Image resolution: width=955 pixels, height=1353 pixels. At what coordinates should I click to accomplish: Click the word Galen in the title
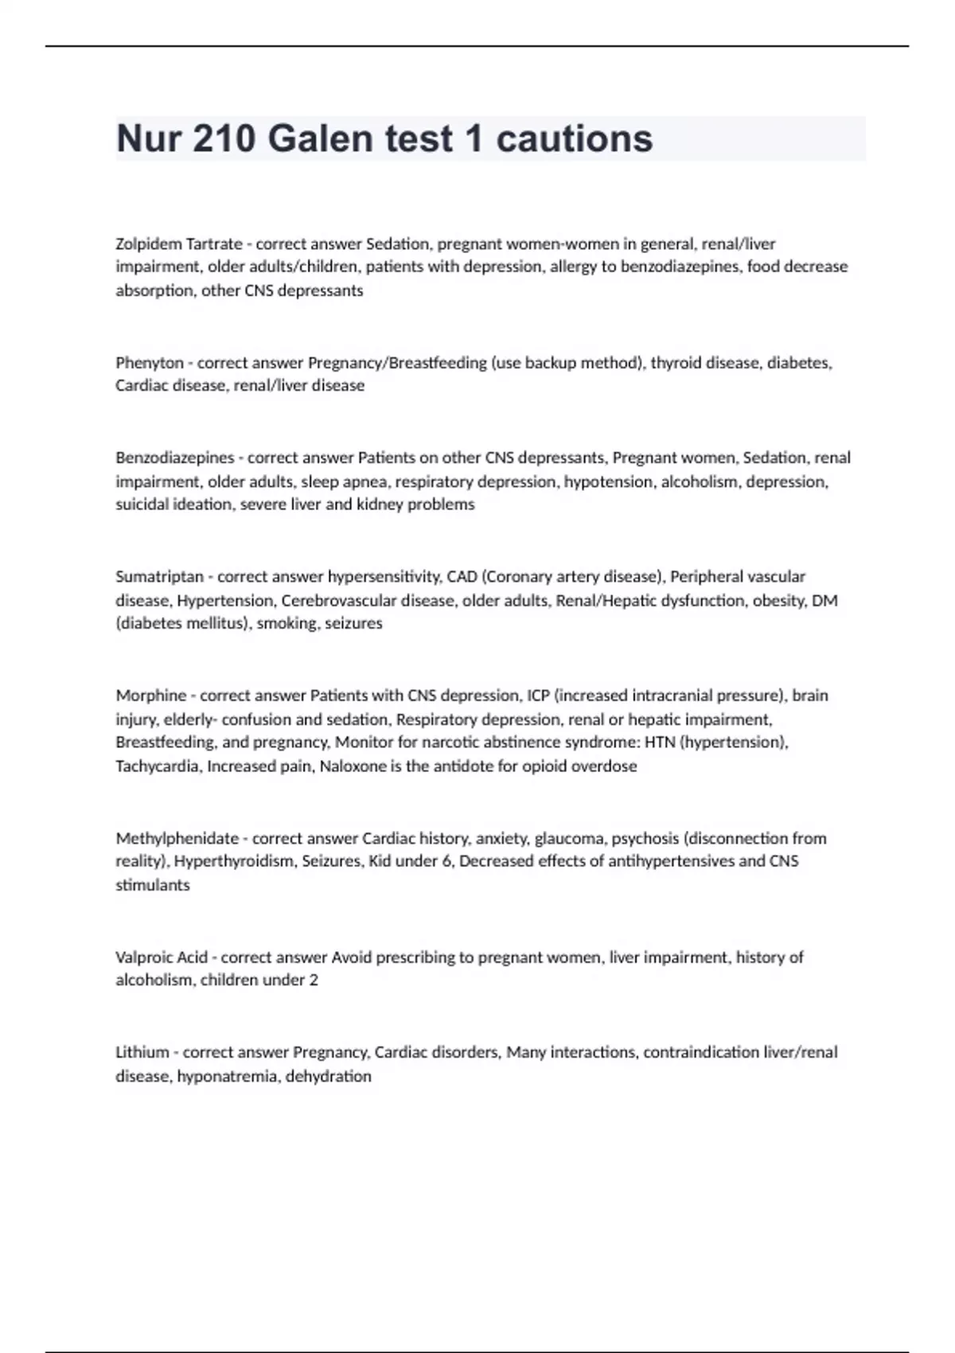[320, 138]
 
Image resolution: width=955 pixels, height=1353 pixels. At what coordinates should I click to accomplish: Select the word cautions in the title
[575, 138]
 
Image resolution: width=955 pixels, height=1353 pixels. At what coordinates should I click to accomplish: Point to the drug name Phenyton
[150, 363]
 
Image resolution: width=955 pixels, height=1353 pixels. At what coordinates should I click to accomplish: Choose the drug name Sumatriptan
[159, 576]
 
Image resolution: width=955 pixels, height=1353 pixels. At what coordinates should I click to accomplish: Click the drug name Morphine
[150, 696]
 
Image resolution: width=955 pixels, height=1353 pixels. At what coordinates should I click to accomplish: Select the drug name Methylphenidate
[177, 838]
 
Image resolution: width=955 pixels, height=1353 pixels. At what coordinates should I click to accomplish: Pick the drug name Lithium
[142, 1052]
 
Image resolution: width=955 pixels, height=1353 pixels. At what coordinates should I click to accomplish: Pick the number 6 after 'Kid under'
[446, 861]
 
